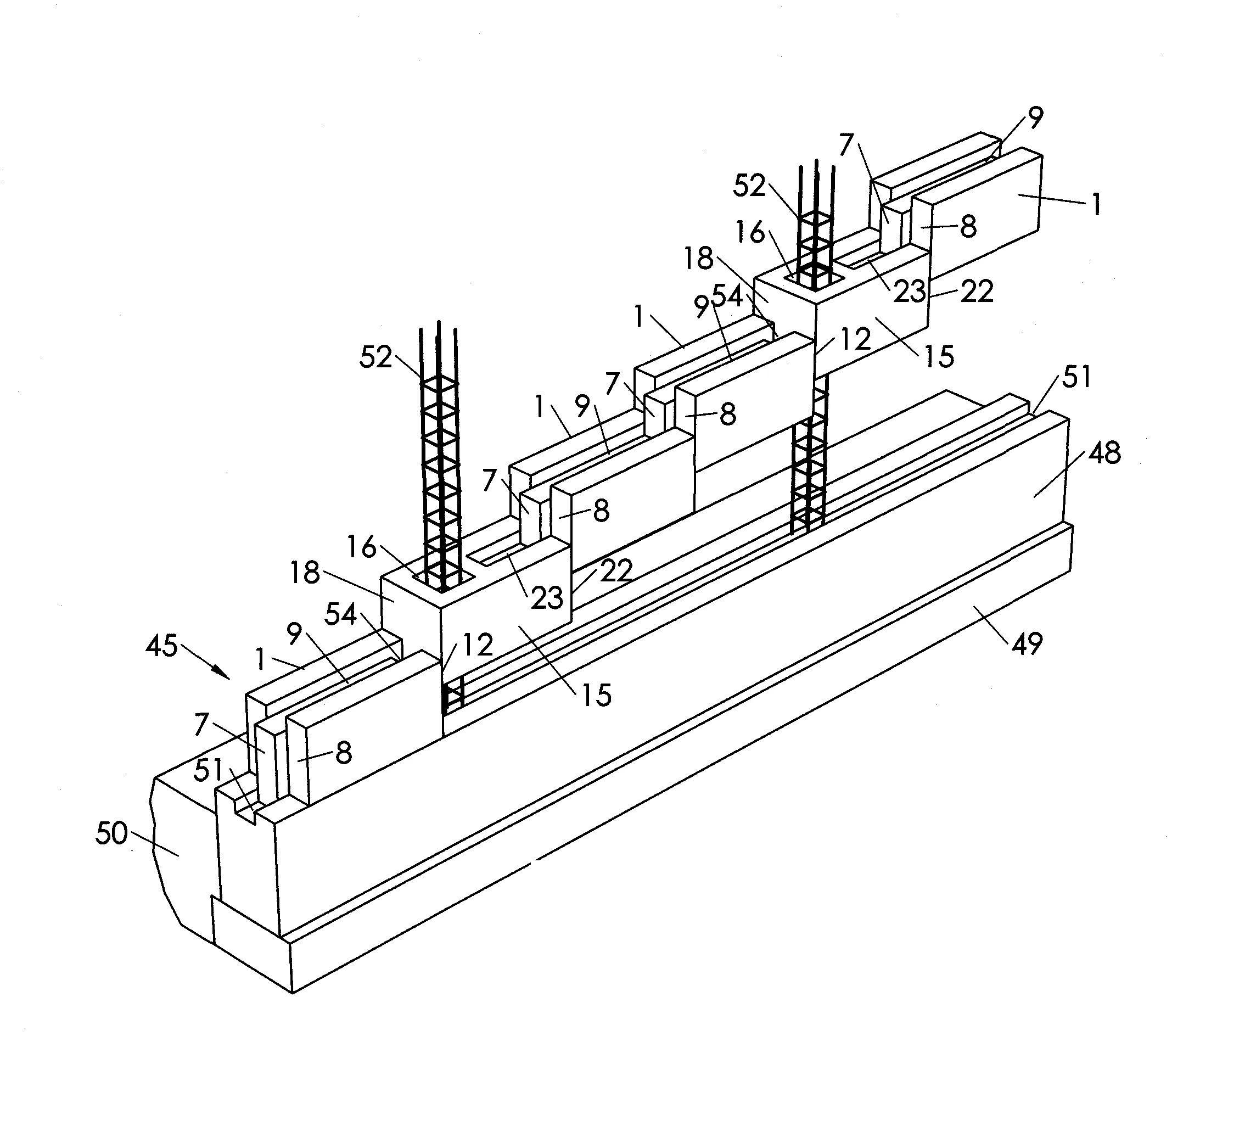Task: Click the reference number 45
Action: [162, 646]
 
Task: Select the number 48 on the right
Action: [1104, 453]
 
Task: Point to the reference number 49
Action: [1027, 643]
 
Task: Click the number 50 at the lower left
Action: [111, 833]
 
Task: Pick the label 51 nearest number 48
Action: [1076, 377]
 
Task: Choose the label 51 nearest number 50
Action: [209, 771]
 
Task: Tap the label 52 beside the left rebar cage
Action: [375, 357]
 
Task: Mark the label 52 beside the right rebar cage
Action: [749, 186]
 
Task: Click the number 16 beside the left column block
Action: [362, 547]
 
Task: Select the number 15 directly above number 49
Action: [596, 694]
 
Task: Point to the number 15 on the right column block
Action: [939, 356]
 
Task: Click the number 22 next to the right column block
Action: [976, 291]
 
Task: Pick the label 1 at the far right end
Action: [1096, 204]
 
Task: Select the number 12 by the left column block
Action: [478, 645]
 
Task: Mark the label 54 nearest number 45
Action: [341, 615]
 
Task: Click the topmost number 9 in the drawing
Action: [1035, 117]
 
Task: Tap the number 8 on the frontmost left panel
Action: [343, 753]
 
